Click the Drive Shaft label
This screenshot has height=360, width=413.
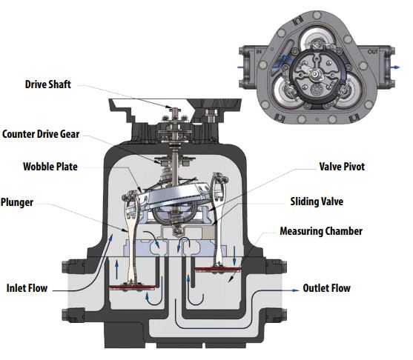[x=47, y=84]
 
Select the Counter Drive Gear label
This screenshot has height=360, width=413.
[x=41, y=134]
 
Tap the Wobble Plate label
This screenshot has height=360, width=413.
[x=50, y=167]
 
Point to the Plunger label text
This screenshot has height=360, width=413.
[x=17, y=202]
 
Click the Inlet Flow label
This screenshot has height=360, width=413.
[x=27, y=288]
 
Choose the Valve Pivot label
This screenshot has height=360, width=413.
[x=342, y=167]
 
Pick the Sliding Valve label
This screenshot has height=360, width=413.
[x=317, y=201]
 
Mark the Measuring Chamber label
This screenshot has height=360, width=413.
[x=321, y=231]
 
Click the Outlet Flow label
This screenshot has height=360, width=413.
[x=326, y=288]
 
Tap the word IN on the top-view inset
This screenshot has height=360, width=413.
[x=259, y=52]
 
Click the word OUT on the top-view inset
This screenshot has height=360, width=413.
[x=373, y=52]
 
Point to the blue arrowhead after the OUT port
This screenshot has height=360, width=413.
[x=397, y=67]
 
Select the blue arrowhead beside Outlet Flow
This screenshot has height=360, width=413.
[x=296, y=290]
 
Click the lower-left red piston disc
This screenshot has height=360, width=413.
[x=132, y=287]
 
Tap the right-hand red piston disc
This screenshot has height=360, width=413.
[x=217, y=269]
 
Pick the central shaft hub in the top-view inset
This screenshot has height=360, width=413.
[x=315, y=75]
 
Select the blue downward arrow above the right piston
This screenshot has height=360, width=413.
[x=234, y=256]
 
